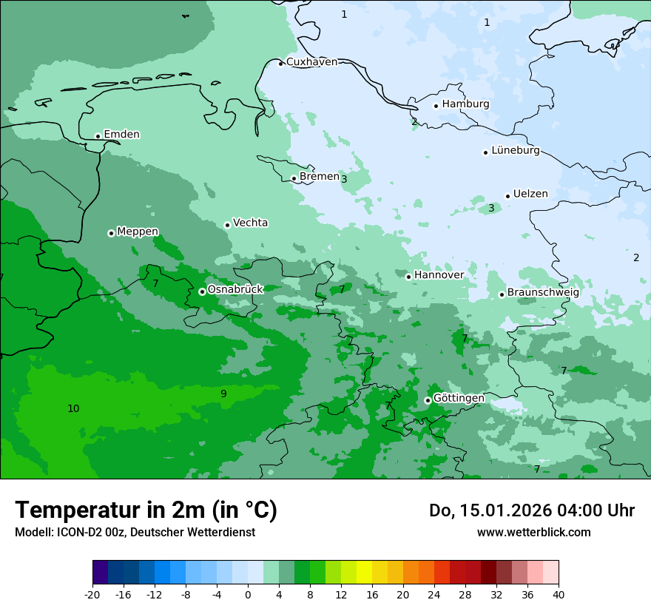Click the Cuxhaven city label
[x=311, y=62]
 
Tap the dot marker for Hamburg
[x=436, y=106]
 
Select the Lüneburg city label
[x=516, y=151]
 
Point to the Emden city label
[x=121, y=135]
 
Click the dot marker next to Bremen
[x=294, y=178]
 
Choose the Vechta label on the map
[x=250, y=223]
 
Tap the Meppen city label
[x=138, y=232]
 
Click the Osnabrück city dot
[x=202, y=291]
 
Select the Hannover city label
[x=439, y=275]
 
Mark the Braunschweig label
[x=543, y=292]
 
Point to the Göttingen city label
[x=459, y=398]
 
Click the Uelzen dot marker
[x=507, y=196]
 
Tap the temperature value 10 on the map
[x=73, y=408]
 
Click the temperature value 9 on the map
[x=223, y=394]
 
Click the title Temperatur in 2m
[x=146, y=510]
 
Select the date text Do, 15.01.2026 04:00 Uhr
[x=531, y=510]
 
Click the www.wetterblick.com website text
[x=533, y=532]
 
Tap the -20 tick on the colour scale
[x=92, y=595]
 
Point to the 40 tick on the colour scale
[x=559, y=595]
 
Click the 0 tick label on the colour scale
[x=248, y=595]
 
